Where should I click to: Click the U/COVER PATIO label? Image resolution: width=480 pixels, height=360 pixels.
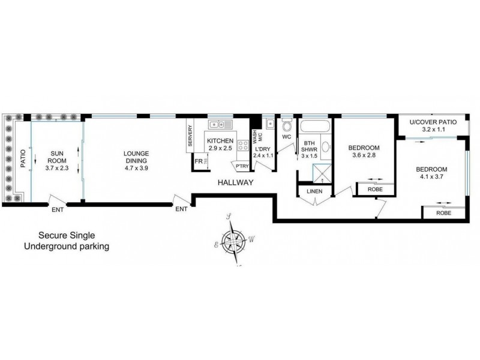pyautogui.click(x=433, y=122)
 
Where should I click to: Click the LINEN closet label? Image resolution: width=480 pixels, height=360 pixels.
pyautogui.click(x=314, y=191)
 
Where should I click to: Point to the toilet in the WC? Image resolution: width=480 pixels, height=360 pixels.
pyautogui.click(x=286, y=127)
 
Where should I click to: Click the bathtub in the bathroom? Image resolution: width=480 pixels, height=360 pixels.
pyautogui.click(x=314, y=127)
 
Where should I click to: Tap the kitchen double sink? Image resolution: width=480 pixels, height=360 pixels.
pyautogui.click(x=220, y=125)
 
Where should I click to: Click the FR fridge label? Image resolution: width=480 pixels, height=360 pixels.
pyautogui.click(x=197, y=162)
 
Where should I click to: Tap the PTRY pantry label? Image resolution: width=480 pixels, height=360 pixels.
pyautogui.click(x=242, y=166)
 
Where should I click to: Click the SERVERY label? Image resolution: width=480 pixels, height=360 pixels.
pyautogui.click(x=191, y=137)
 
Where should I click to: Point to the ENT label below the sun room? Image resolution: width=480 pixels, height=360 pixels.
pyautogui.click(x=58, y=209)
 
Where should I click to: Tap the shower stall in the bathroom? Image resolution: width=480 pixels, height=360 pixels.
pyautogui.click(x=322, y=172)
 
